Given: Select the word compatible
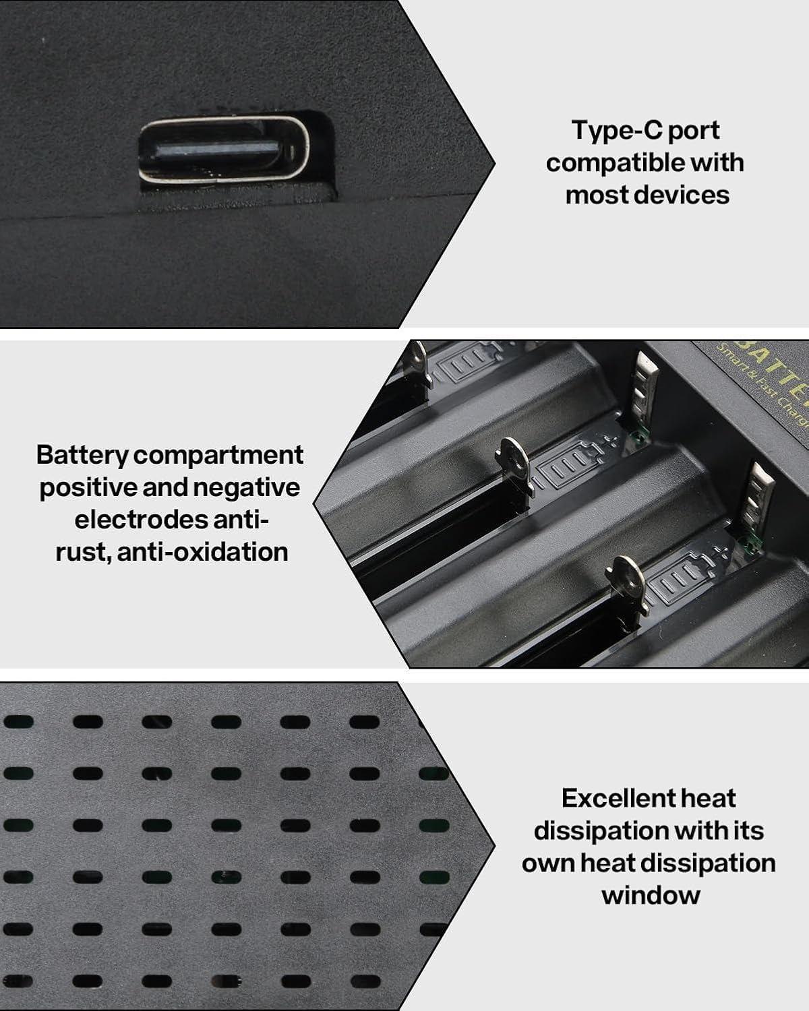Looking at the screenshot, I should click(x=606, y=162).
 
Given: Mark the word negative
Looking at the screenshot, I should click(x=246, y=487).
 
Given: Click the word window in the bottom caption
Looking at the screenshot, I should click(x=651, y=895).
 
